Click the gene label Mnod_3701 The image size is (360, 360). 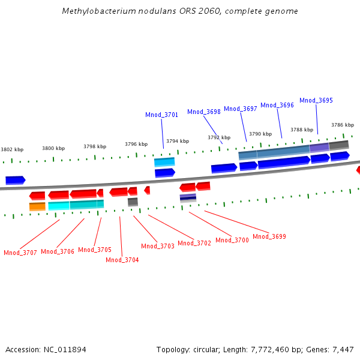pyautogui.click(x=161, y=115)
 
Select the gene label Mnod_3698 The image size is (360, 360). pyautogui.click(x=204, y=112)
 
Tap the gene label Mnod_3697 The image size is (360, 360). pyautogui.click(x=241, y=109)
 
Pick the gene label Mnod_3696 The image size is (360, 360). pyautogui.click(x=277, y=105)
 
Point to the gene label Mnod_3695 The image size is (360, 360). pyautogui.click(x=316, y=100)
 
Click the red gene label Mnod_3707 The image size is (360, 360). pyautogui.click(x=20, y=253)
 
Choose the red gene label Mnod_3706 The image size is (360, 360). pyautogui.click(x=58, y=251)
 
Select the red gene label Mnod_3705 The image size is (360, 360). pyautogui.click(x=95, y=250)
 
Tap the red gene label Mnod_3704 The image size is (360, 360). pyautogui.click(x=122, y=260)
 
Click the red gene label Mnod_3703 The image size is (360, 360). pyautogui.click(x=158, y=246)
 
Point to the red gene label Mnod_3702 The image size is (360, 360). pyautogui.click(x=194, y=243)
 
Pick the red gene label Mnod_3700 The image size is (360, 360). pyautogui.click(x=232, y=240)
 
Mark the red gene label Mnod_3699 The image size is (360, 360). pyautogui.click(x=269, y=236)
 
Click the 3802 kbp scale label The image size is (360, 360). pyautogui.click(x=12, y=149)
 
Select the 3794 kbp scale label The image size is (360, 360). pyautogui.click(x=178, y=141)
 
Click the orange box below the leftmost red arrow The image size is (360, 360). pyautogui.click(x=37, y=206)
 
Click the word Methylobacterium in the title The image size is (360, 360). pyautogui.click(x=94, y=11)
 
